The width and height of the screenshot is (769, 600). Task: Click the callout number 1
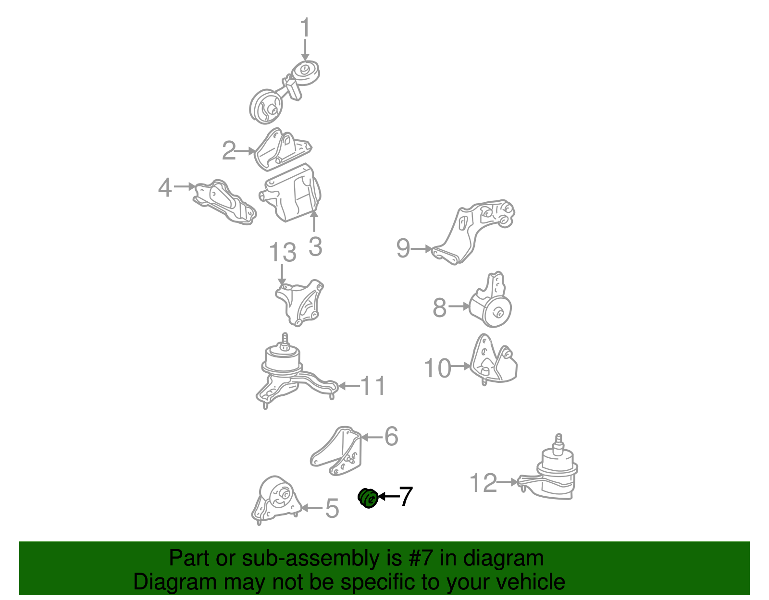click(x=305, y=27)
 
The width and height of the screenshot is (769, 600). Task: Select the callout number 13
click(x=283, y=252)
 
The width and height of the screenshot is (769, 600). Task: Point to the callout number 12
click(x=483, y=483)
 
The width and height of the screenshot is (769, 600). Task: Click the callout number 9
click(x=403, y=248)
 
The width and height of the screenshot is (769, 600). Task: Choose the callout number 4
click(x=165, y=187)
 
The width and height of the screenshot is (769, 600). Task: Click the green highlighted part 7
click(x=368, y=498)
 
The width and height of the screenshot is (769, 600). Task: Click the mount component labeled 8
click(x=491, y=300)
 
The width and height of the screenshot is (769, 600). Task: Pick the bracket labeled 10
click(x=494, y=360)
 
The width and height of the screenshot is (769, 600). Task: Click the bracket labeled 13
click(x=300, y=303)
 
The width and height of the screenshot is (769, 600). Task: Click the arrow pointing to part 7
click(x=389, y=497)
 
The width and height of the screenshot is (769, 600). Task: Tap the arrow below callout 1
click(x=305, y=49)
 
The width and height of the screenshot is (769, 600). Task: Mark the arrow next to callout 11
click(x=349, y=386)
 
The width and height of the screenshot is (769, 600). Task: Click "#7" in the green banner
click(x=421, y=558)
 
